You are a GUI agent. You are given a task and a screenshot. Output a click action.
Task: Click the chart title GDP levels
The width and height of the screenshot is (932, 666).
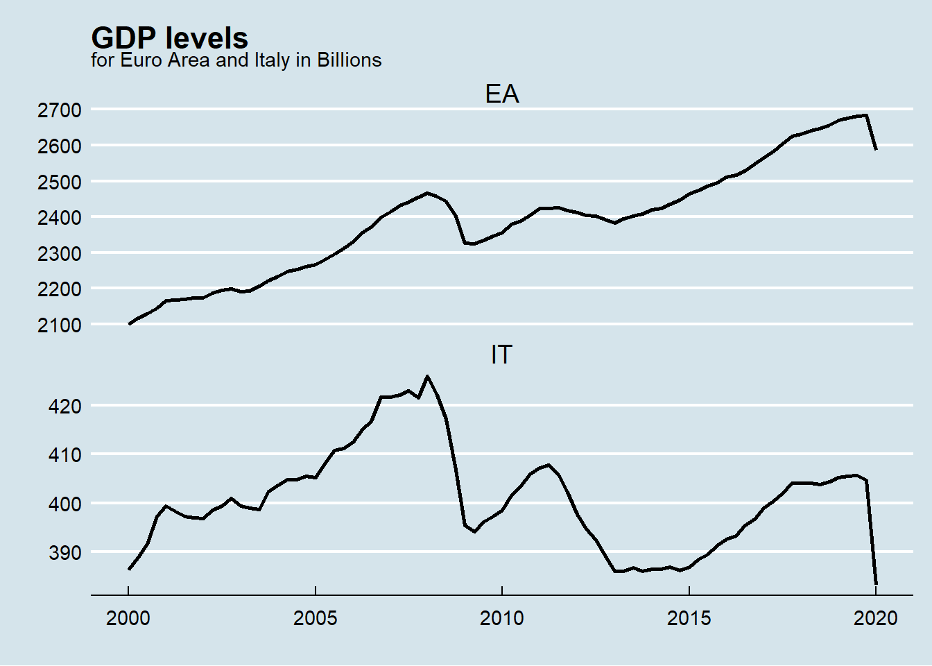[x=169, y=38]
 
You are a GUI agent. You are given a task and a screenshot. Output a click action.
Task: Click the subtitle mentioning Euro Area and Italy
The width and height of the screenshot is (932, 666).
[x=236, y=60]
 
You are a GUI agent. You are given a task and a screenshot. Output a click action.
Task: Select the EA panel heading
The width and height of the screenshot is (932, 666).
[x=501, y=94]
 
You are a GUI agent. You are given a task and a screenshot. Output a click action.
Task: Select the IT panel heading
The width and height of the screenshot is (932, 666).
[x=501, y=355]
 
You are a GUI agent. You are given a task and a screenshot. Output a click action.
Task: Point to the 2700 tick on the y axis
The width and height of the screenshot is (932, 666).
[x=60, y=110]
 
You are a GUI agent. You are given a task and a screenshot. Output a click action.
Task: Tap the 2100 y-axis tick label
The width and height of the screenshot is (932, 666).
[x=60, y=325]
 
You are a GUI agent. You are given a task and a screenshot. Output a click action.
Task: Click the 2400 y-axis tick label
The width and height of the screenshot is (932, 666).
[x=60, y=218]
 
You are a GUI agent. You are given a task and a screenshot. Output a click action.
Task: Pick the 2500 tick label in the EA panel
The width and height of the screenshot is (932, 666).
[x=60, y=182]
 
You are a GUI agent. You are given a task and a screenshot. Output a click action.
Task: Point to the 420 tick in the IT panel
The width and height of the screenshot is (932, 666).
[x=64, y=406]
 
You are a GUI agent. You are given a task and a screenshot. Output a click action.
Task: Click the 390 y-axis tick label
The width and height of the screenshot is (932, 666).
[x=64, y=553]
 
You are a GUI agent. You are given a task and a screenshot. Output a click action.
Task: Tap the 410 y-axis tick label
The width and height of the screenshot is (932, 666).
[x=64, y=455]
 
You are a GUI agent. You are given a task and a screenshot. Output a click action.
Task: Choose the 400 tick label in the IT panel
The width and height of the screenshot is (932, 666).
[x=64, y=504]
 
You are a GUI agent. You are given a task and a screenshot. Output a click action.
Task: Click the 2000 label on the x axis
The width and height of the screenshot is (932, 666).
[x=128, y=617]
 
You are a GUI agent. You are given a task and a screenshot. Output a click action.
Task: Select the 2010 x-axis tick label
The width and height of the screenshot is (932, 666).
[x=501, y=617]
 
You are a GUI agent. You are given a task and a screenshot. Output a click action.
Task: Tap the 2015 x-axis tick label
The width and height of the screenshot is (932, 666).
[x=689, y=617]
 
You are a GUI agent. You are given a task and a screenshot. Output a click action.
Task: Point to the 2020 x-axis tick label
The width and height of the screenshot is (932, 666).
[x=876, y=617]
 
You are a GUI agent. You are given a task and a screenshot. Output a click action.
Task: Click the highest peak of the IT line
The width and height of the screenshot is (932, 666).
[x=427, y=376]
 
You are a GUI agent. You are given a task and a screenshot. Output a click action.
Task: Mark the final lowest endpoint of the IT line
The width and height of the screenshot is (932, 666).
[x=877, y=584]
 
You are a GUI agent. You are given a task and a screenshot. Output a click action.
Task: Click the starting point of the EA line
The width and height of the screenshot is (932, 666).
[x=129, y=324]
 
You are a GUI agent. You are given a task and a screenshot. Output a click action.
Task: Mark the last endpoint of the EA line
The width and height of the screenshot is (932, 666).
[x=877, y=149]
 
